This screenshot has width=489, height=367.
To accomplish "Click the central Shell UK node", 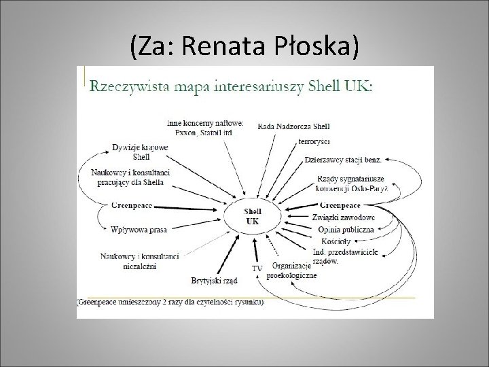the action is click(253, 216).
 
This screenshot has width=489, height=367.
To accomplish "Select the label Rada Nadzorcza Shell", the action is click(294, 125).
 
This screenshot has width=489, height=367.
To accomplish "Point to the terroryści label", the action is click(314, 142).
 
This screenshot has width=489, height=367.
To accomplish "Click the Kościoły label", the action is click(336, 241).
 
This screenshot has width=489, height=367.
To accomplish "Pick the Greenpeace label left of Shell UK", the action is click(133, 204).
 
